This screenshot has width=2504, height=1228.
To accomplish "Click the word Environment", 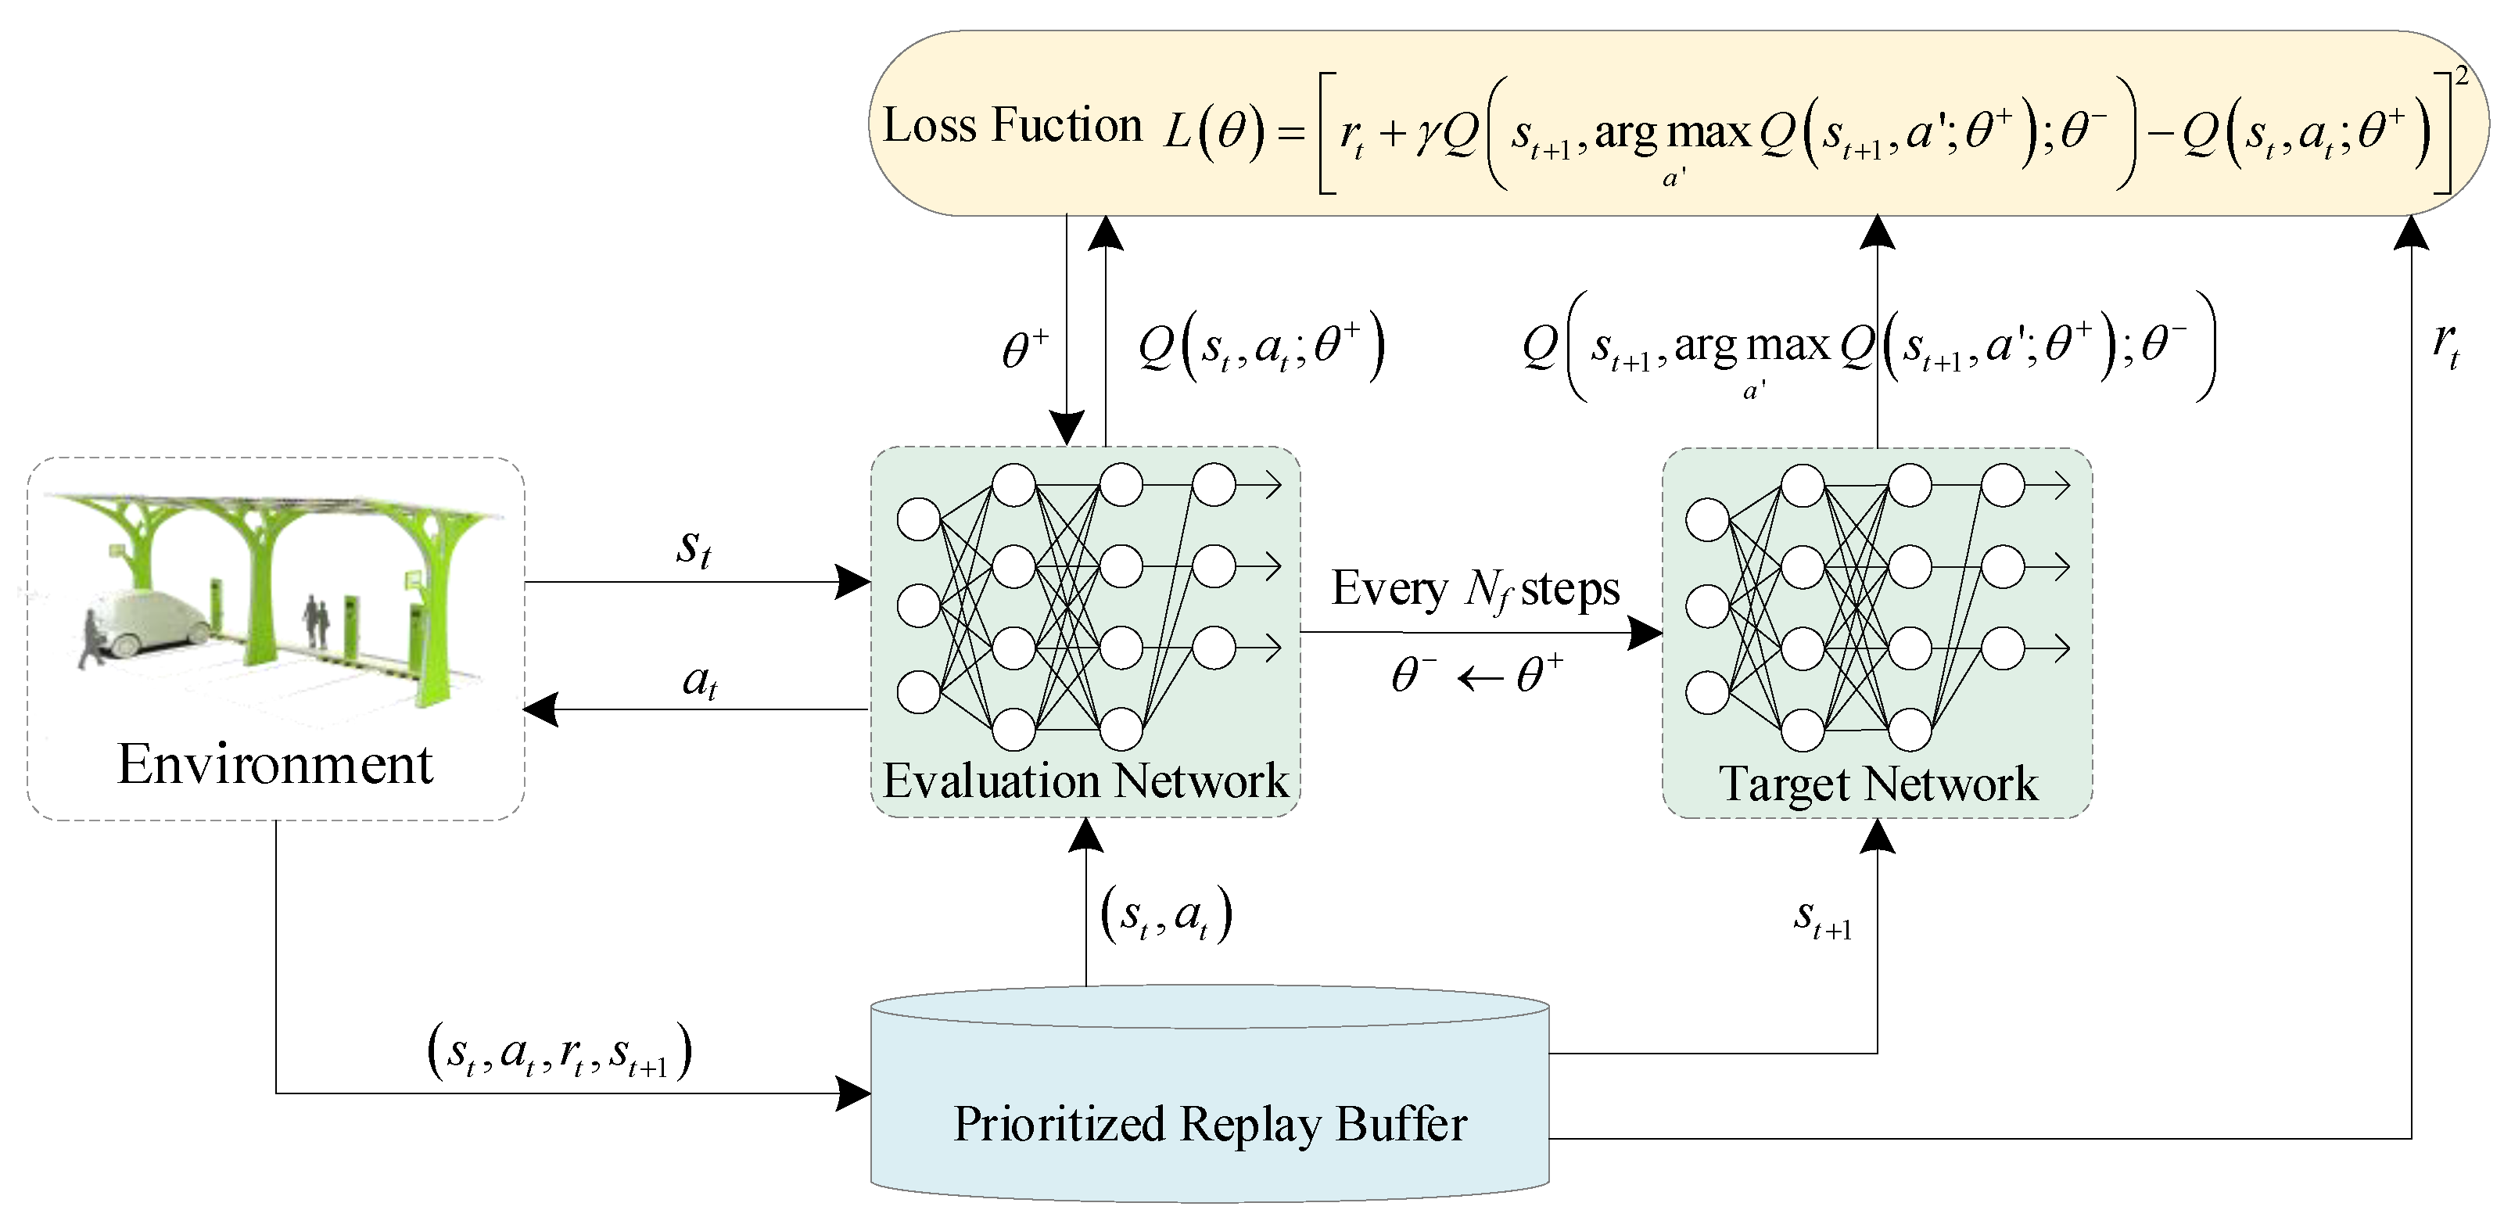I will pyautogui.click(x=275, y=765).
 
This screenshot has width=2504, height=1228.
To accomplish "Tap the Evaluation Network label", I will pyautogui.click(x=1085, y=781).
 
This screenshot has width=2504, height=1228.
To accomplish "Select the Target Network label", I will pyautogui.click(x=1878, y=785).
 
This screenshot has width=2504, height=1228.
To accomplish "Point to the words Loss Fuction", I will pyautogui.click(x=1012, y=127).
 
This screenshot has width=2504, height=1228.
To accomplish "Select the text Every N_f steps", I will pyautogui.click(x=1475, y=589).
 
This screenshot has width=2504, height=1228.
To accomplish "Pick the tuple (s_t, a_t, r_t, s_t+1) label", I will pyautogui.click(x=559, y=1052).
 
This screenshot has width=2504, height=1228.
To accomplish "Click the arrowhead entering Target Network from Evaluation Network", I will pyautogui.click(x=1645, y=634).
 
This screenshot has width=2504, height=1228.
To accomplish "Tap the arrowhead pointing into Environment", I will pyautogui.click(x=540, y=709).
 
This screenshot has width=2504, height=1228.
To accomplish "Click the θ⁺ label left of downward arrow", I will pyautogui.click(x=1024, y=348).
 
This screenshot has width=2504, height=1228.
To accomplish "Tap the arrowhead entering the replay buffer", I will pyautogui.click(x=852, y=1093).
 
